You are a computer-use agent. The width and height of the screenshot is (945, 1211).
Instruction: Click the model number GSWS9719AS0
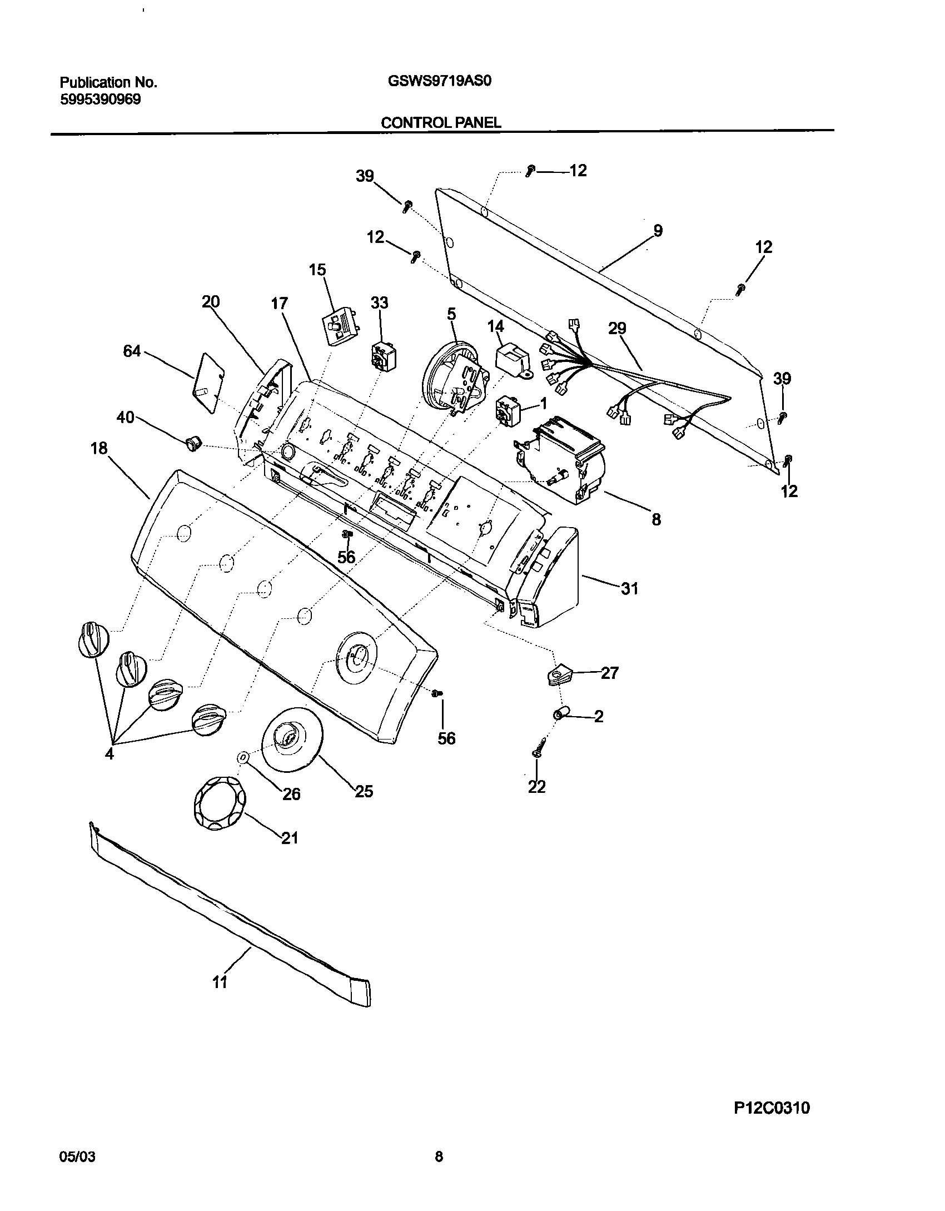click(x=439, y=82)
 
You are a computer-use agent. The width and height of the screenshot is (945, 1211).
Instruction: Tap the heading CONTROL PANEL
click(x=441, y=123)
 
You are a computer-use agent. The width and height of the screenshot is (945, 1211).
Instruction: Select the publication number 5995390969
click(x=100, y=100)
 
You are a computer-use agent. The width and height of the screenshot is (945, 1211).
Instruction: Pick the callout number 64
click(x=132, y=351)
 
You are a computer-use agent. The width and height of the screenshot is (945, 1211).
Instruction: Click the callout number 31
click(x=629, y=588)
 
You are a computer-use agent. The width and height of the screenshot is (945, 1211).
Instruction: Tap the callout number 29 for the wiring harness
click(x=617, y=329)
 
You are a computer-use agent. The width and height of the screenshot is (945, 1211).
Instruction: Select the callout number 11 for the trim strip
click(x=220, y=982)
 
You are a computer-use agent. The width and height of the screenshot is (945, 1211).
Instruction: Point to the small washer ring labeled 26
click(x=243, y=757)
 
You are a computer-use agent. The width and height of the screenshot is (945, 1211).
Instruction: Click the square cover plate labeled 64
click(x=208, y=382)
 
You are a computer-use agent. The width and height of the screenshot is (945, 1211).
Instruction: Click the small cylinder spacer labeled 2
click(x=561, y=713)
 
